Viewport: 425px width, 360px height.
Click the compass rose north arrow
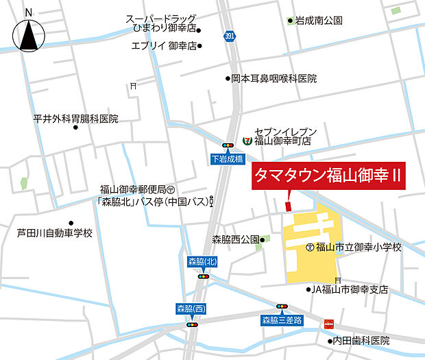click(x=28, y=34)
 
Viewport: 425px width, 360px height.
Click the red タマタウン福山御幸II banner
click(x=328, y=176)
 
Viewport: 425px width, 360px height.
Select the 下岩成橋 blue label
click(x=227, y=158)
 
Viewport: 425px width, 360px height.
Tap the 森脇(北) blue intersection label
click(x=203, y=262)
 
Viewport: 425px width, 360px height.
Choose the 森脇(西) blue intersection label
click(x=191, y=309)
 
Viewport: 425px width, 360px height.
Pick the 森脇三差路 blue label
click(x=282, y=320)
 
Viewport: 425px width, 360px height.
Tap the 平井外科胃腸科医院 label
click(x=75, y=119)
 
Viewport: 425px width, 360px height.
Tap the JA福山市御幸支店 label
click(x=350, y=290)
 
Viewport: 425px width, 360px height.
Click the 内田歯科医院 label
click(x=361, y=341)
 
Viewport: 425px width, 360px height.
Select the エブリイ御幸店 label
click(x=164, y=46)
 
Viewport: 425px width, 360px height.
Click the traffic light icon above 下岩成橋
click(x=227, y=145)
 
